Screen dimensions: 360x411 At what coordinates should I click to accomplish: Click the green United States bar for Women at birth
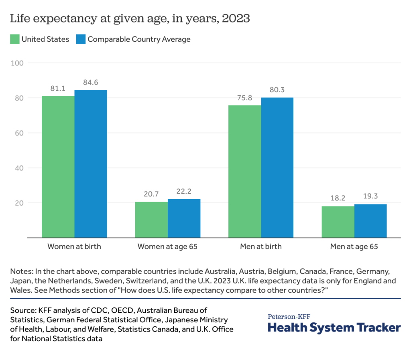(x=58, y=166)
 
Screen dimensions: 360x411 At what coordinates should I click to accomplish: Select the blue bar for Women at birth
(x=91, y=164)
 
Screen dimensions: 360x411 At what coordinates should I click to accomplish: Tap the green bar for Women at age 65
(x=151, y=220)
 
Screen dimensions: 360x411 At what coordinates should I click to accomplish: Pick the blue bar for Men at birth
(x=277, y=167)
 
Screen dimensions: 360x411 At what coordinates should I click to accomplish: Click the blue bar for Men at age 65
(x=370, y=221)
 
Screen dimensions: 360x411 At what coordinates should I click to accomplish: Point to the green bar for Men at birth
(x=244, y=171)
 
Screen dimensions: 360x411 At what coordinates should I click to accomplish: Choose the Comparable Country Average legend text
(x=139, y=39)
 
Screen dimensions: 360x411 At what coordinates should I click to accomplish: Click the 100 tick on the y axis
(x=19, y=63)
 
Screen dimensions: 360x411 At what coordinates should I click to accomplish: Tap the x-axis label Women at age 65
(x=167, y=247)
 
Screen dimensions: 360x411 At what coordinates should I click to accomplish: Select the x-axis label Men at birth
(x=260, y=247)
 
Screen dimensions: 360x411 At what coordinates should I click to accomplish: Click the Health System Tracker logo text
(x=334, y=328)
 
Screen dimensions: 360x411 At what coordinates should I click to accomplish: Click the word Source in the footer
(x=22, y=310)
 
